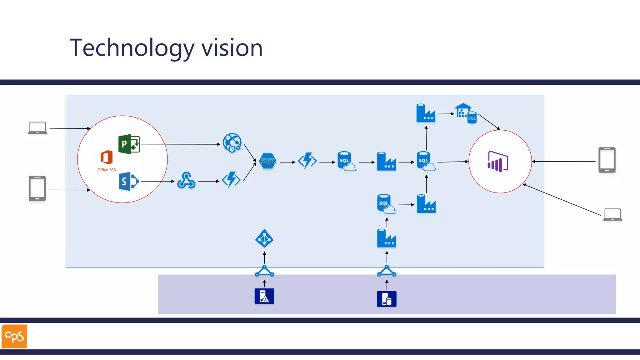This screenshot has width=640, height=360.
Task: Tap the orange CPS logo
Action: coord(14,336)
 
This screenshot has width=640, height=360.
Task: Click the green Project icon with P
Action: coord(129,144)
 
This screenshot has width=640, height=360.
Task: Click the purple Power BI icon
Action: coord(497,162)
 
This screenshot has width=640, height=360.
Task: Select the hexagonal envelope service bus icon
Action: coord(268,161)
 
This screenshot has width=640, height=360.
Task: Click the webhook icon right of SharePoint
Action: coord(186,181)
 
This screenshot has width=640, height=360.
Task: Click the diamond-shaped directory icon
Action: coord(264,239)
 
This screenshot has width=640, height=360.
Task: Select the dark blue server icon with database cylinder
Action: coord(387,299)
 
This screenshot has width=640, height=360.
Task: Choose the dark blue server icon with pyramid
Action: coord(264,296)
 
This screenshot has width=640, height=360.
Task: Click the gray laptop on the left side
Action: coord(37,128)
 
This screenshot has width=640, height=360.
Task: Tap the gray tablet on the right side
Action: coord(607,160)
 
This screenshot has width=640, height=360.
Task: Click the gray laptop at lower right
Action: coord(612,215)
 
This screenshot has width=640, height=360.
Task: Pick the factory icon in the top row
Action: coord(426,113)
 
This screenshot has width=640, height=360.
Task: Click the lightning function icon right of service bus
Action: coord(307,161)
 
